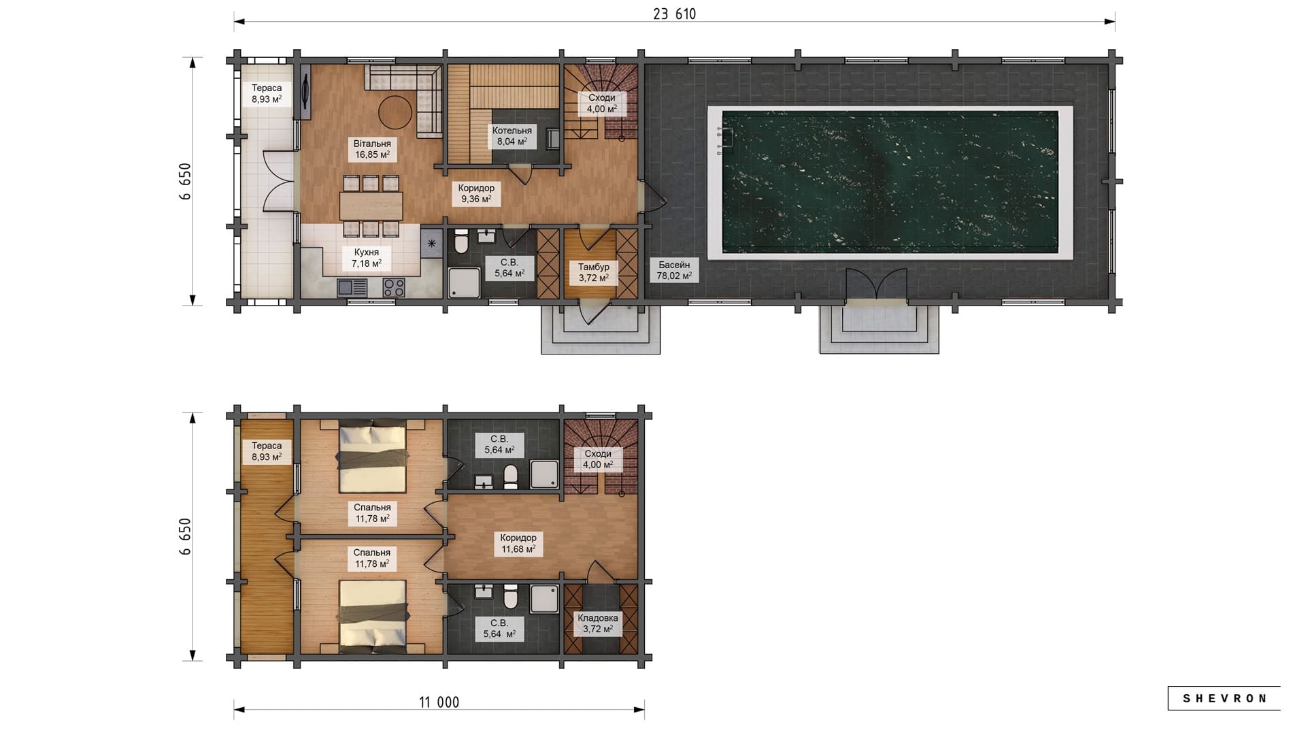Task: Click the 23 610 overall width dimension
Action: point(674,14)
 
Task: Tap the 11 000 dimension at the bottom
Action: point(439,702)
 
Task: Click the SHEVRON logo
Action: point(1224,698)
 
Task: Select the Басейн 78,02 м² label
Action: point(674,270)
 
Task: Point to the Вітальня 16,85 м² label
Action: point(372,149)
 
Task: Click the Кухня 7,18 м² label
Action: point(367,258)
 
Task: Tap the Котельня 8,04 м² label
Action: point(512,136)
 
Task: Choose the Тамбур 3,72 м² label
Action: point(594,272)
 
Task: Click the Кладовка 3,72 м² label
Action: point(598,623)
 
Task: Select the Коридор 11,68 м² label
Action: point(518,543)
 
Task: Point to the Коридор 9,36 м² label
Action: point(477,193)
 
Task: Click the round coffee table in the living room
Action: point(396,112)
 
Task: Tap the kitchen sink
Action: point(352,288)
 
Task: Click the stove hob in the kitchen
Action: point(394,288)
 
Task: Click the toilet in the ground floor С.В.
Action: point(461,242)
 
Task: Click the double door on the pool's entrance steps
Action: point(877,284)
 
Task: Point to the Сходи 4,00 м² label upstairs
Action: point(598,459)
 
